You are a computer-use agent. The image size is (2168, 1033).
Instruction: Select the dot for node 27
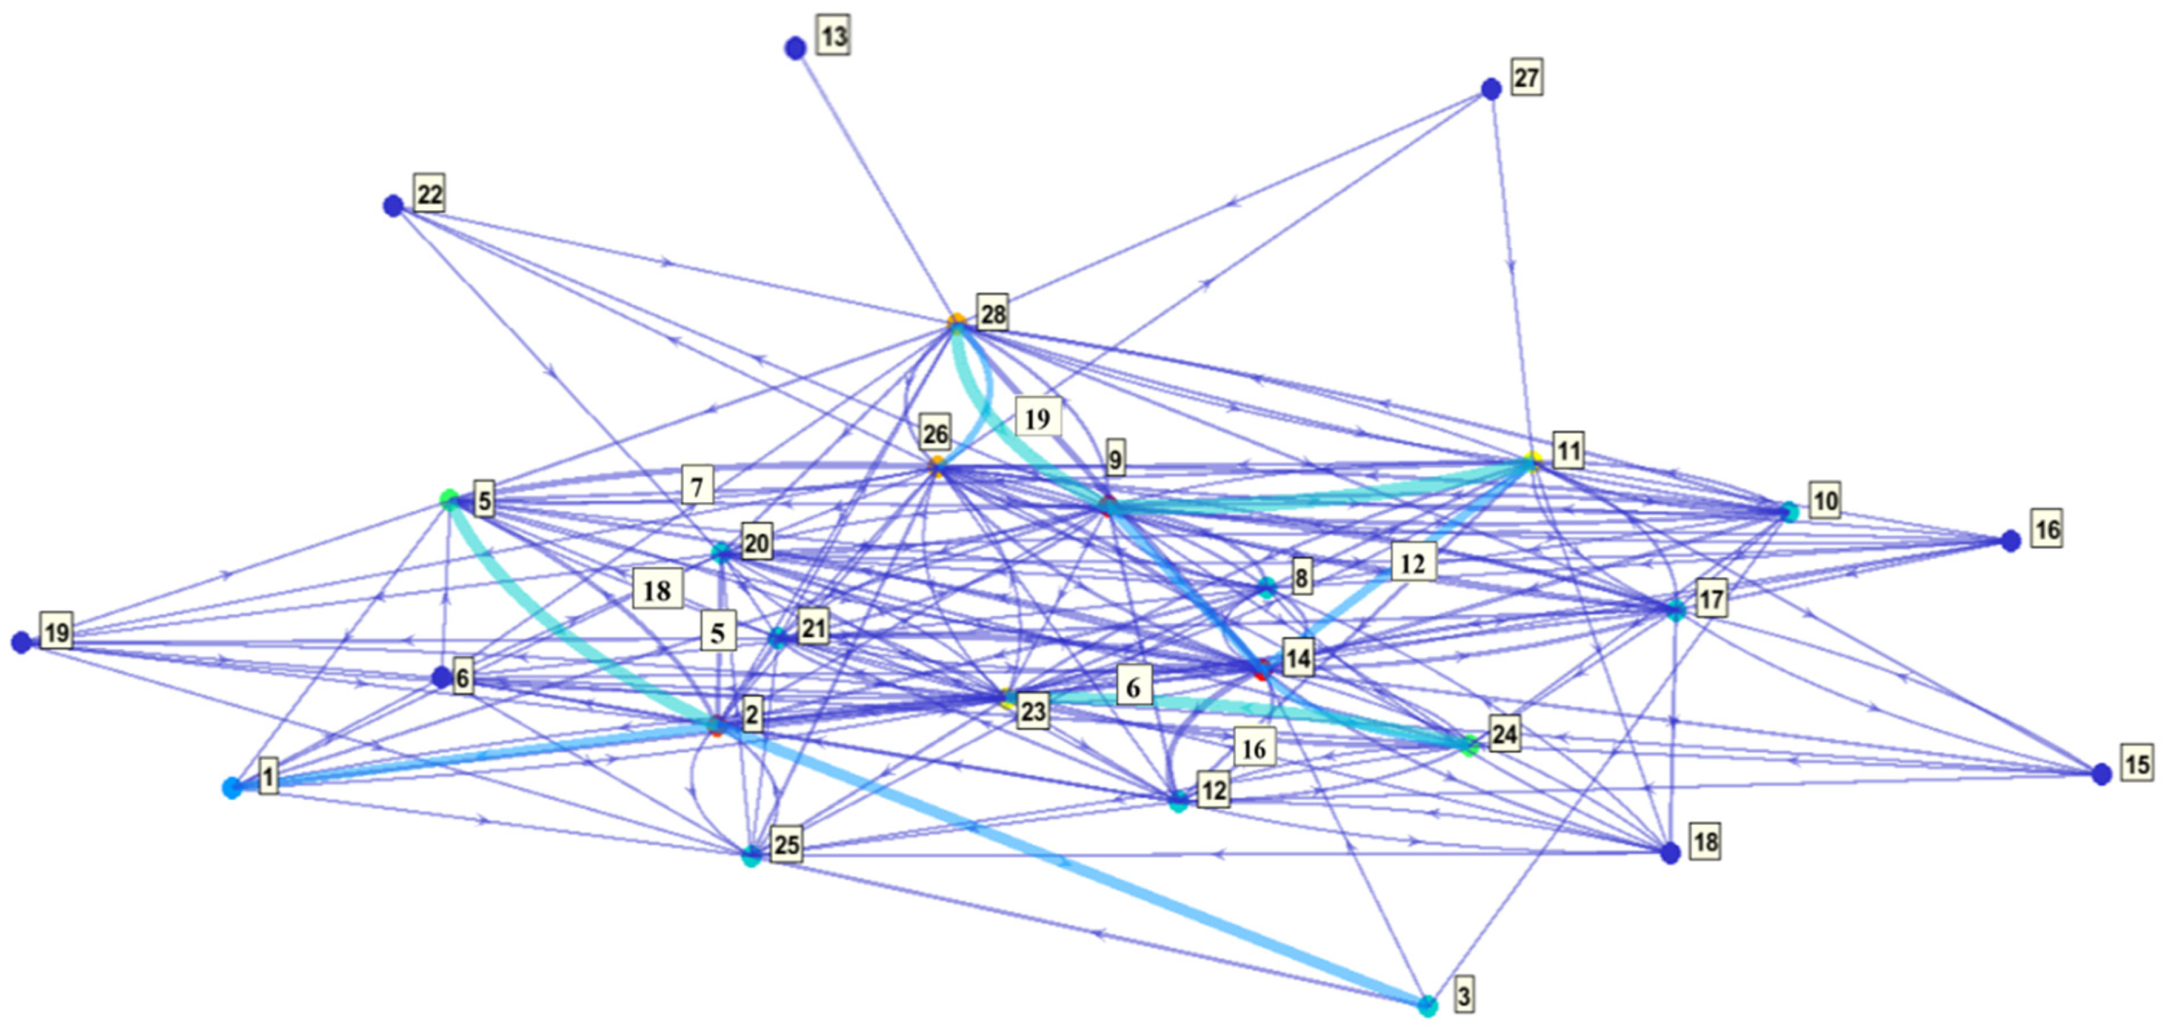pyautogui.click(x=1490, y=89)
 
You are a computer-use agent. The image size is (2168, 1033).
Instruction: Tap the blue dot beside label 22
pyautogui.click(x=393, y=205)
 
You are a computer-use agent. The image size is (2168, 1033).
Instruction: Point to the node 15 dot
pyautogui.click(x=2101, y=774)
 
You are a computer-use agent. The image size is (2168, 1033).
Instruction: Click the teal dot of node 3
pyautogui.click(x=1427, y=1005)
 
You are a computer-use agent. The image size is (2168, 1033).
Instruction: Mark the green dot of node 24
pyautogui.click(x=1469, y=745)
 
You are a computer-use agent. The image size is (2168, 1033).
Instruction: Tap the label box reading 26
pyautogui.click(x=935, y=434)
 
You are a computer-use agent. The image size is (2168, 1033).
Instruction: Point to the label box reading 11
pyautogui.click(x=1568, y=451)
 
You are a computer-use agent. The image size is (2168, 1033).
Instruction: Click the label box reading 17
pyautogui.click(x=1711, y=599)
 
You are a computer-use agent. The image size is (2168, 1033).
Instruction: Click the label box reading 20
pyautogui.click(x=756, y=543)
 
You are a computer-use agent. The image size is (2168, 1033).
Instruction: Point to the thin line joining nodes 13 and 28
pyautogui.click(x=875, y=185)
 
